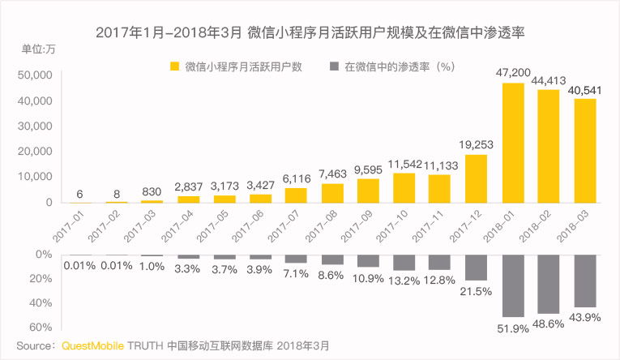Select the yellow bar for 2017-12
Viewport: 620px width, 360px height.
click(x=476, y=178)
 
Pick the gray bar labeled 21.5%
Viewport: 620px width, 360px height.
click(x=476, y=268)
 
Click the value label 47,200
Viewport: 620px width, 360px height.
click(x=514, y=73)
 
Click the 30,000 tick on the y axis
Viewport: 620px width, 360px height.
click(x=35, y=126)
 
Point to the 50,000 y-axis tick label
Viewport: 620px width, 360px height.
click(x=35, y=75)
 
